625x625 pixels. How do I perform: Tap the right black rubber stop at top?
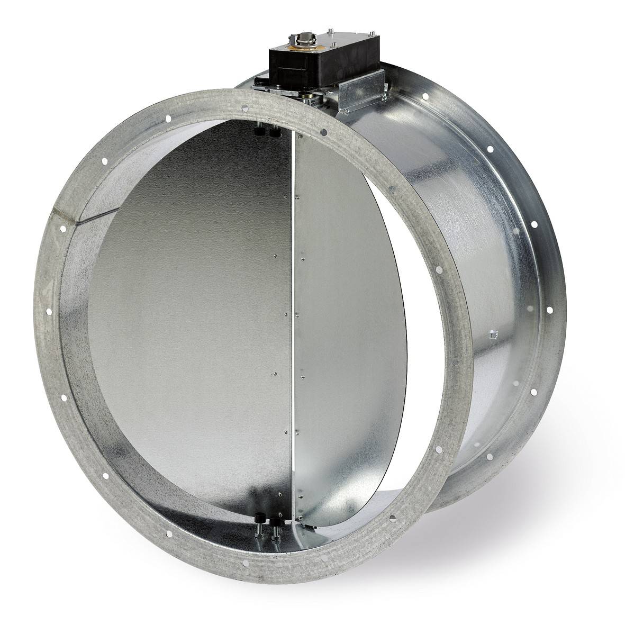274,134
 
